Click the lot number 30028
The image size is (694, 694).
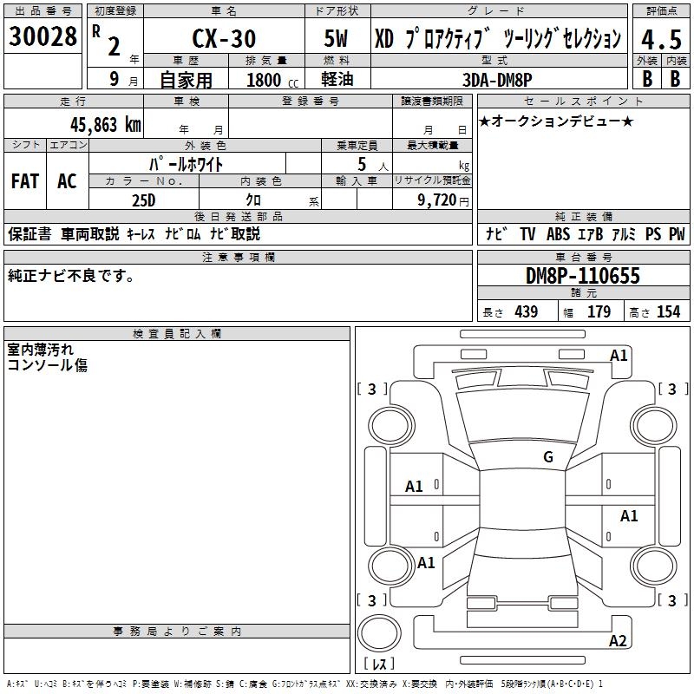tap(43, 36)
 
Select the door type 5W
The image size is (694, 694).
tap(337, 39)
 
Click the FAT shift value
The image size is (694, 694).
tap(24, 181)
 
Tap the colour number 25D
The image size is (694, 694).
tap(144, 200)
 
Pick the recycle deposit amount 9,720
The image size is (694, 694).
tap(431, 200)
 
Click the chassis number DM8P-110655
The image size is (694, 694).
tap(583, 276)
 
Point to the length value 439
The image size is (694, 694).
tap(526, 312)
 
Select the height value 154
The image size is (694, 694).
tap(668, 312)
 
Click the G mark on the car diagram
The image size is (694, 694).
tap(548, 457)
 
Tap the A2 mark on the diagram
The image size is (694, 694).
tap(618, 641)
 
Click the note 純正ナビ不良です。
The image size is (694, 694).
tap(71, 276)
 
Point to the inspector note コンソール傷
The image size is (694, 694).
tap(48, 365)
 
